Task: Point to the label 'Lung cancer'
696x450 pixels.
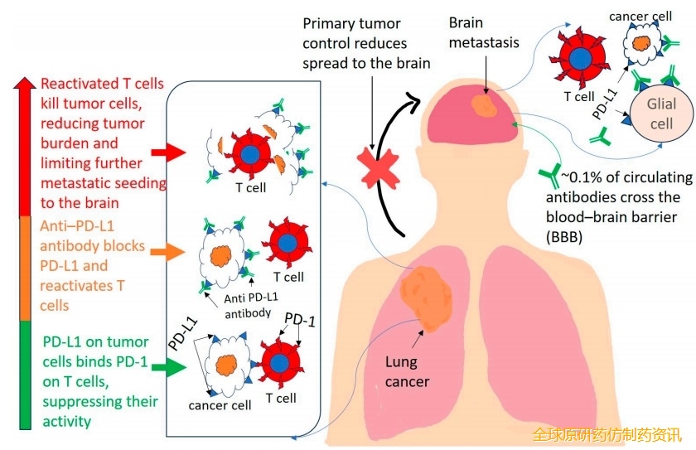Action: click(x=408, y=371)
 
